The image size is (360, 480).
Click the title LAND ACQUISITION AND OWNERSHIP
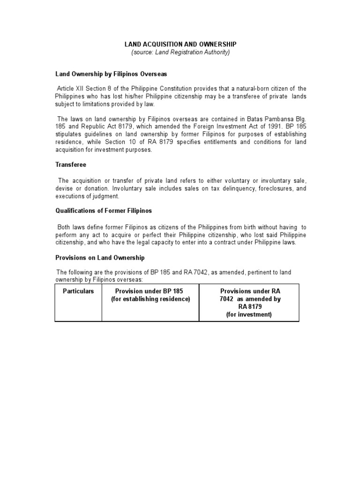(180, 44)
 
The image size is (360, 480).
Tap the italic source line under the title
(180, 52)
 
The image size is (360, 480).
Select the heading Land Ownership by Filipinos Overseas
(111, 74)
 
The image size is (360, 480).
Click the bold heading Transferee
(71, 165)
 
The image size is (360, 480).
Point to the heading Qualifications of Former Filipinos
(104, 210)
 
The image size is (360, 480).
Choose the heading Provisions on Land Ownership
(100, 258)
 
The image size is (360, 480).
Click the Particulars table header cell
(78, 291)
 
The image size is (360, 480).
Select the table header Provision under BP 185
(150, 295)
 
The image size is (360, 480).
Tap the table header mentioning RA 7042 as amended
(249, 303)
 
